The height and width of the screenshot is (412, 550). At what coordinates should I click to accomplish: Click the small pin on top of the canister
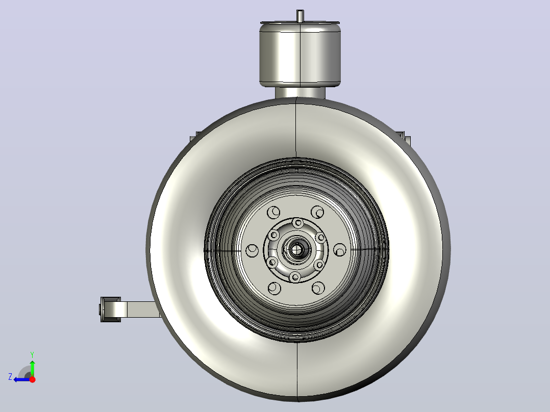(300, 15)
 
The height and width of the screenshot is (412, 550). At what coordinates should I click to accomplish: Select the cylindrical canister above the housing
(300, 54)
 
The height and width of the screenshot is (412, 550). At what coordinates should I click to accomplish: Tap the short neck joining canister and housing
(300, 93)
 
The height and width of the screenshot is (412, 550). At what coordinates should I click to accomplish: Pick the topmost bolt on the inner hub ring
(298, 223)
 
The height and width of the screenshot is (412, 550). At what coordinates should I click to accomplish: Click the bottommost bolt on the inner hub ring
(295, 277)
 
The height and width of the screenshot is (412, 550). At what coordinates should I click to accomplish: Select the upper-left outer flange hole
(273, 212)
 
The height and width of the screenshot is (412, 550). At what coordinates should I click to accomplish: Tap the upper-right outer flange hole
(317, 212)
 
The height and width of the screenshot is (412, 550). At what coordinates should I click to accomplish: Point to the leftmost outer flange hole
(252, 250)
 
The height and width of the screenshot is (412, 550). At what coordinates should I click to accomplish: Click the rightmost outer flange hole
(340, 250)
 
